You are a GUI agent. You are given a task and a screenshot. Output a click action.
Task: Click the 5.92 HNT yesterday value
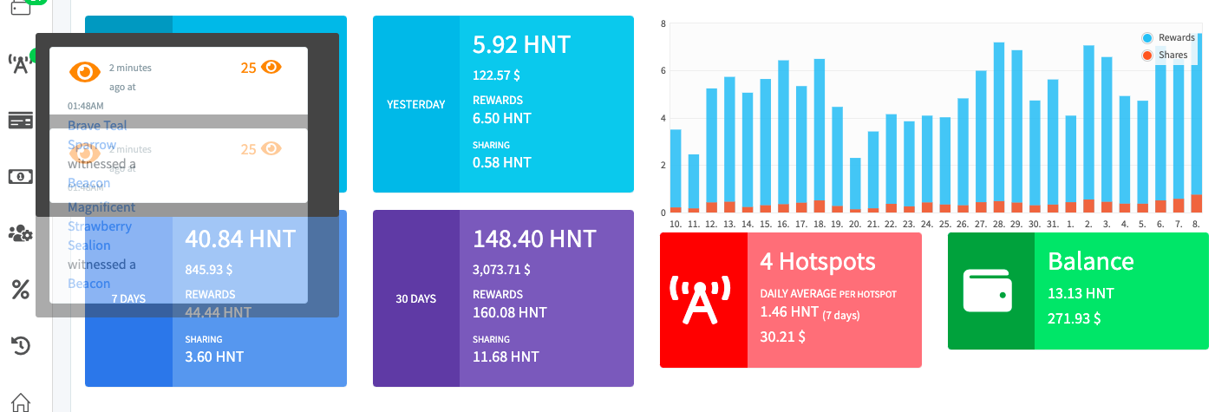pyautogui.click(x=521, y=44)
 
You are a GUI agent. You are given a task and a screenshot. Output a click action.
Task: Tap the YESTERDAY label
pyautogui.click(x=415, y=104)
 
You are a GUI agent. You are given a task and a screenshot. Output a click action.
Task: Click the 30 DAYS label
pyautogui.click(x=415, y=298)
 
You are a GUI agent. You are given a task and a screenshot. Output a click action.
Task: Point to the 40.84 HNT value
pyautogui.click(x=240, y=239)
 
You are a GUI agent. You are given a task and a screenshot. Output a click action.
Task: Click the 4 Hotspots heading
pyautogui.click(x=818, y=261)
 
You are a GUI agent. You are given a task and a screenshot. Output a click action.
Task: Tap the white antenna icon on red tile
pyautogui.click(x=702, y=299)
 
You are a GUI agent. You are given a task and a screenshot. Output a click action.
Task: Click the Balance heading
pyautogui.click(x=1090, y=261)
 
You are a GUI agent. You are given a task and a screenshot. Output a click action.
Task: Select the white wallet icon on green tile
pyautogui.click(x=990, y=291)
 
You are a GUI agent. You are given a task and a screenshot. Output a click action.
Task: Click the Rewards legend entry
pyautogui.click(x=1176, y=38)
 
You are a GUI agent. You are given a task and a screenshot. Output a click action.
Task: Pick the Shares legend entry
pyautogui.click(x=1173, y=55)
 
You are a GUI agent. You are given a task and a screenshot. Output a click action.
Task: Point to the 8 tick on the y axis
pyautogui.click(x=663, y=23)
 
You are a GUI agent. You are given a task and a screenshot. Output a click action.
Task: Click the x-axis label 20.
pyautogui.click(x=855, y=224)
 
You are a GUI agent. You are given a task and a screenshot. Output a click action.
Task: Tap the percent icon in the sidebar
pyautogui.click(x=21, y=290)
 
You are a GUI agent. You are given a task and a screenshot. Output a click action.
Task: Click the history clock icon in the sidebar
pyautogui.click(x=21, y=346)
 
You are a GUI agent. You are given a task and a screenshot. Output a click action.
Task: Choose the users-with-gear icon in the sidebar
pyautogui.click(x=21, y=233)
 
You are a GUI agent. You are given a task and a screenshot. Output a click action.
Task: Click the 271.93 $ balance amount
pyautogui.click(x=1075, y=318)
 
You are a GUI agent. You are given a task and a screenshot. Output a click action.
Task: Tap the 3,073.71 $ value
pyautogui.click(x=501, y=270)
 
